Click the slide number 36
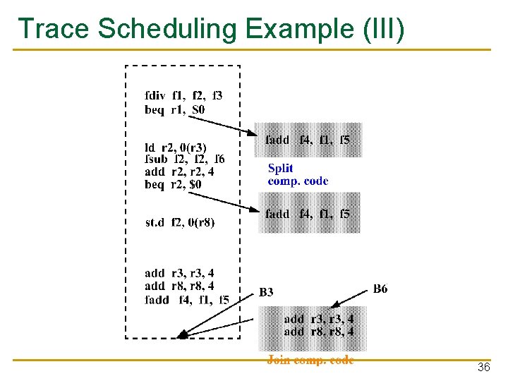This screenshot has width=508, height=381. click(484, 368)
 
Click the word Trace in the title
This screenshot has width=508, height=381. click(54, 29)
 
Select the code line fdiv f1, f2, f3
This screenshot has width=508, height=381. click(183, 95)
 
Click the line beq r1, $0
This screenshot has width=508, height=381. click(175, 109)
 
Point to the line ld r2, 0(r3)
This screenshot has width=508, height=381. click(175, 147)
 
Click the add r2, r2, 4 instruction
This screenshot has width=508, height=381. click(179, 171)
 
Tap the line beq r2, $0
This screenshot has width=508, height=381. click(173, 183)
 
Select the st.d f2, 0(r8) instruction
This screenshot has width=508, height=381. click(180, 222)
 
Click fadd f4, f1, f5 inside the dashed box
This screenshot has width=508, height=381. click(186, 299)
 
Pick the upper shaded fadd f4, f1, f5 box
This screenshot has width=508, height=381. click(308, 140)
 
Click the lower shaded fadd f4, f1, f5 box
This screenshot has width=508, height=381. click(308, 214)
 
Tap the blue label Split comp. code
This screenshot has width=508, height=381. click(298, 174)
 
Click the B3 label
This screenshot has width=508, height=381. click(266, 292)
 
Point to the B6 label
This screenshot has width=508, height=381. click(380, 289)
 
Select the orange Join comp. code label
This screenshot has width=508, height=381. click(310, 360)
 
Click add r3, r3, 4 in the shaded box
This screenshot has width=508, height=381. click(318, 318)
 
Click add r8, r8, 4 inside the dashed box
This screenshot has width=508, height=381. click(179, 286)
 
